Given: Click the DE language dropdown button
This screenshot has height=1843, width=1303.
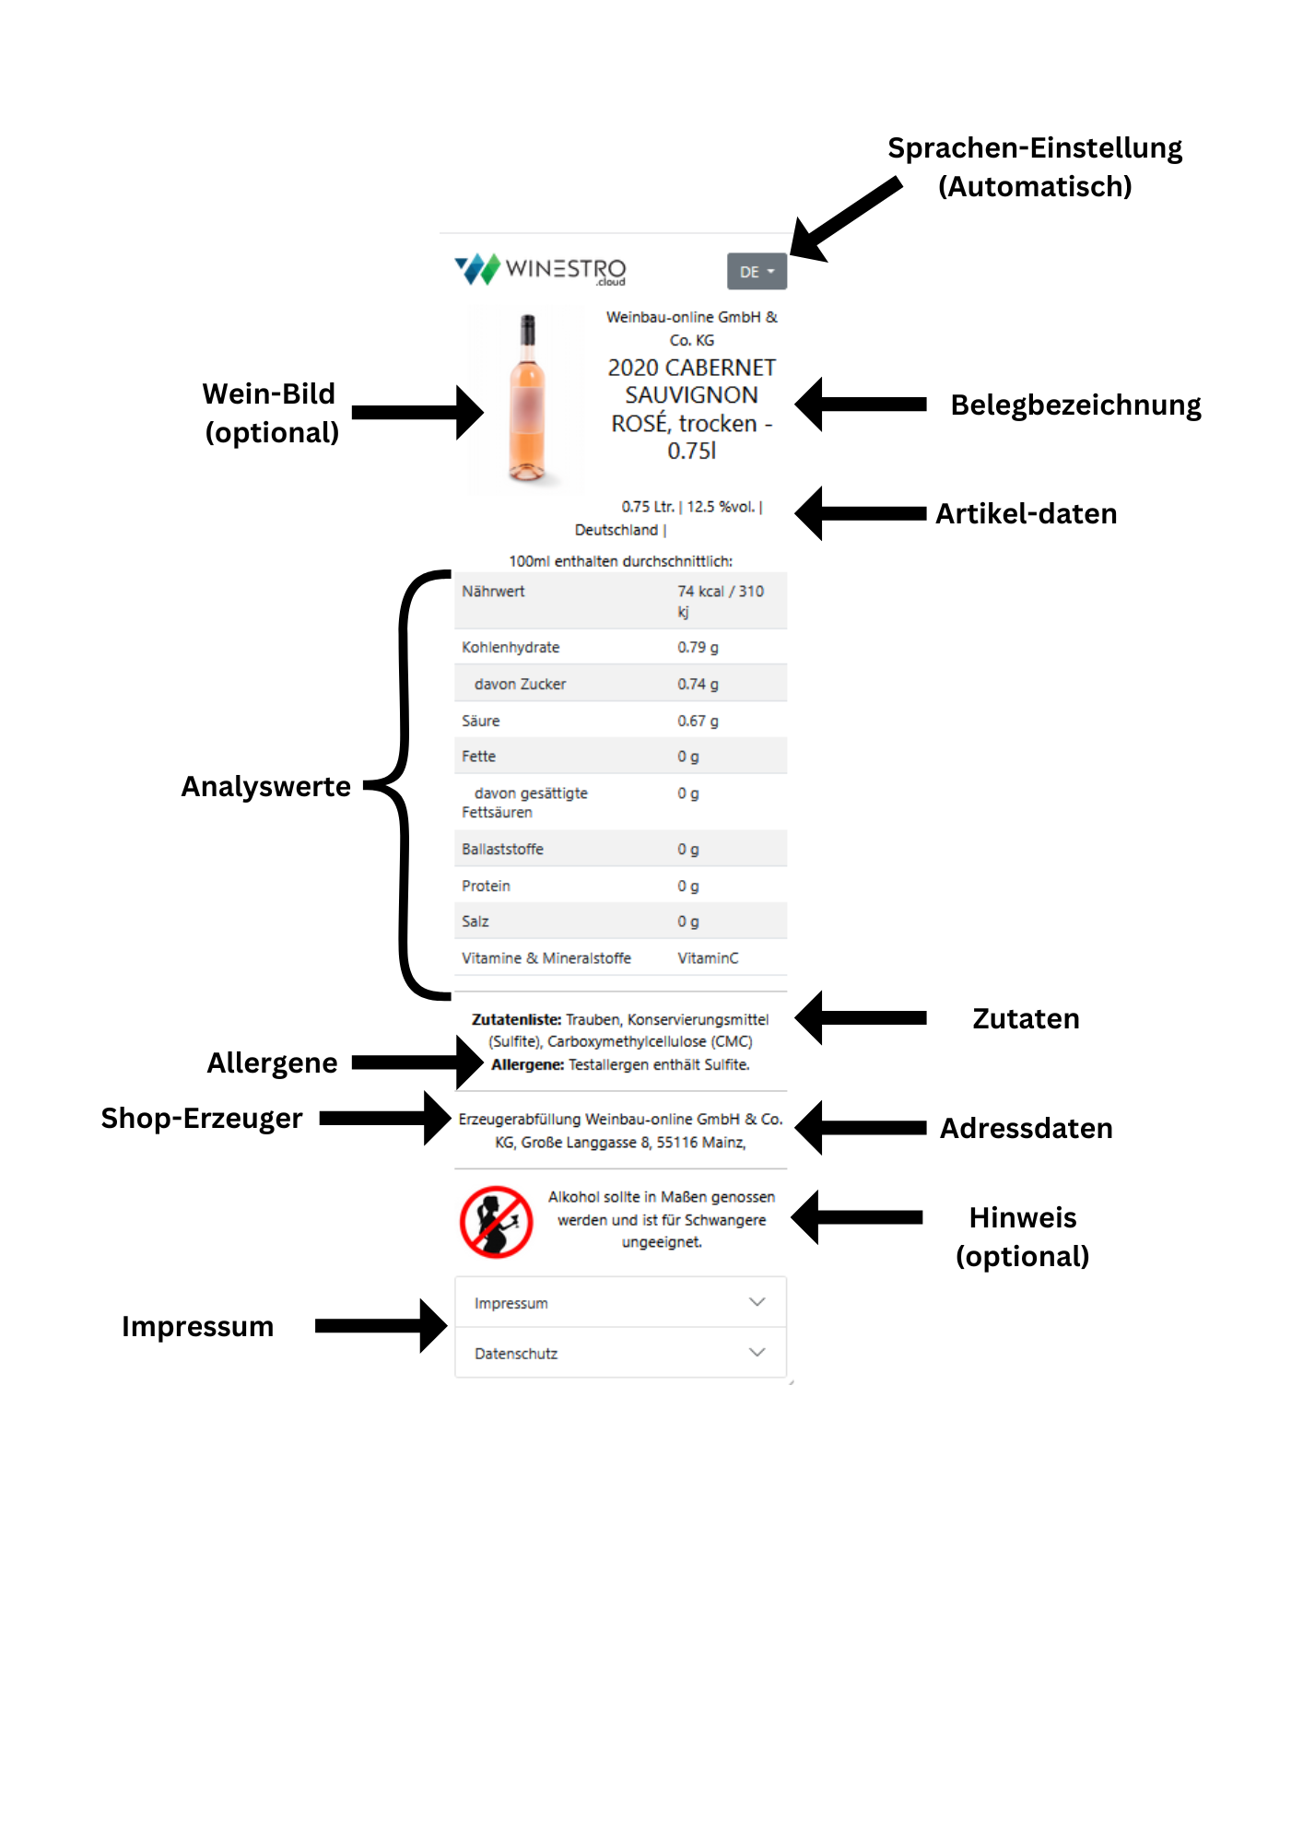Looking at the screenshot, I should pyautogui.click(x=757, y=272).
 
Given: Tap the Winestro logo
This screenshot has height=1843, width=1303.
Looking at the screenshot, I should pyautogui.click(x=541, y=269).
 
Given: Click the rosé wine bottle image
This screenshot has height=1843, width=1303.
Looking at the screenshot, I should pyautogui.click(x=527, y=398).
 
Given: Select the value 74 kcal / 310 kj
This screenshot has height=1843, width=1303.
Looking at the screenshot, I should pyautogui.click(x=720, y=601).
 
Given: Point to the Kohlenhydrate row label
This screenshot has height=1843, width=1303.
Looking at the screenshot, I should pyautogui.click(x=511, y=647).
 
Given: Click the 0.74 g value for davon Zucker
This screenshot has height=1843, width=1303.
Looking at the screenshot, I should pyautogui.click(x=698, y=684).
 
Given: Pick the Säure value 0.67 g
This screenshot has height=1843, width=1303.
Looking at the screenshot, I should pyautogui.click(x=698, y=721).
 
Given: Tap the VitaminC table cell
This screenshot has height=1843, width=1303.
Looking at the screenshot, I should pyautogui.click(x=708, y=958).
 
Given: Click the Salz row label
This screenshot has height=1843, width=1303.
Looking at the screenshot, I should pyautogui.click(x=475, y=921).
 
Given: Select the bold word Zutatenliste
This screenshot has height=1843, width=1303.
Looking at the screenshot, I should pyautogui.click(x=516, y=1019).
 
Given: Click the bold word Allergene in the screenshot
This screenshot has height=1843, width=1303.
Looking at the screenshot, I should pyautogui.click(x=527, y=1064).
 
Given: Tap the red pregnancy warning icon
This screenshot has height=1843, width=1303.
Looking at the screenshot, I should pyautogui.click(x=497, y=1222).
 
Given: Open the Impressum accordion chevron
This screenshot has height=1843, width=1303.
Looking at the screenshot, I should pyautogui.click(x=757, y=1302).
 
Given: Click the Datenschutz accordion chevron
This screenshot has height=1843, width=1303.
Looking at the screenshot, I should pyautogui.click(x=757, y=1352).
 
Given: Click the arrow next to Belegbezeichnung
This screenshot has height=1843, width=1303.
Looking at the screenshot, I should pyautogui.click(x=861, y=404).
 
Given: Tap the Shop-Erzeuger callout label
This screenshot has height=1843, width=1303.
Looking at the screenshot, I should pyautogui.click(x=201, y=1118).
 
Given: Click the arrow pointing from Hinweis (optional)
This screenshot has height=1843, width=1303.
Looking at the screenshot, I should pyautogui.click(x=857, y=1217).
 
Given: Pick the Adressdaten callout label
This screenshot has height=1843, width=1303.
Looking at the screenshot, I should pyautogui.click(x=1026, y=1128).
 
